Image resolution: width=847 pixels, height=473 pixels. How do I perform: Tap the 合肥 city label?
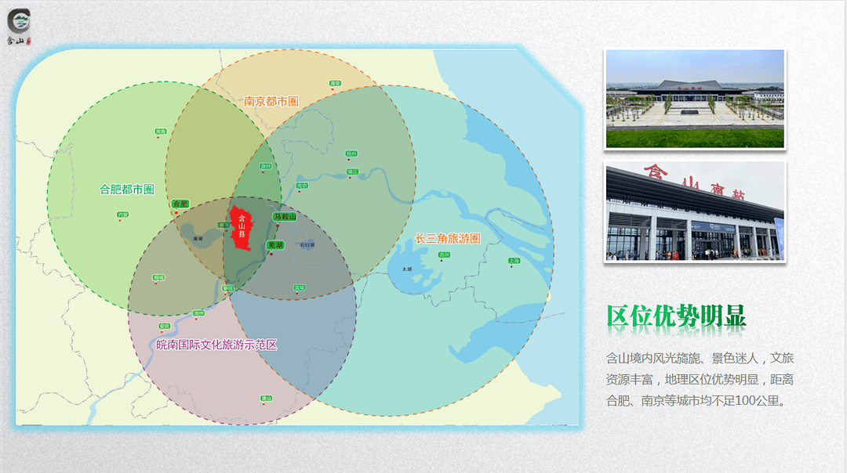point(180,204)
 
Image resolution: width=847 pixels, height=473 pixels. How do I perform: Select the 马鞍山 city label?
point(285,216)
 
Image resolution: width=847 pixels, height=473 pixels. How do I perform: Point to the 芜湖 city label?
point(275,244)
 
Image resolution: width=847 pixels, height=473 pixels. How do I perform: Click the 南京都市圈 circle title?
point(271,101)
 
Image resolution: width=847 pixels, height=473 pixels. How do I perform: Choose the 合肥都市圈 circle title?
point(127,189)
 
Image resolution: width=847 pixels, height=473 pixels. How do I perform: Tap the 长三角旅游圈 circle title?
point(447,238)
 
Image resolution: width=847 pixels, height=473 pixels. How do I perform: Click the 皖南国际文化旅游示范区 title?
point(216,345)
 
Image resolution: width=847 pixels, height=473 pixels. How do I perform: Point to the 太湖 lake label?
point(406,269)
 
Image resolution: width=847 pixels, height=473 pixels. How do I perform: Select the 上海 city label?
point(514,261)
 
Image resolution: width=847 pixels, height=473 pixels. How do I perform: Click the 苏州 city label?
point(445,255)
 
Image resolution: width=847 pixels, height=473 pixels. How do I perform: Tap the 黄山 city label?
point(267,398)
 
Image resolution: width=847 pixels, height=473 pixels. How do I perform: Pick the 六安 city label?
point(122,214)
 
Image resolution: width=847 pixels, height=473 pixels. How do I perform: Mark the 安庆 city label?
point(164,326)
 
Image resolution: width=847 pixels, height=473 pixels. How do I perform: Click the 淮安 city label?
point(335,82)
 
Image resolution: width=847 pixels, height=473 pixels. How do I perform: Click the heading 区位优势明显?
point(676,316)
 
